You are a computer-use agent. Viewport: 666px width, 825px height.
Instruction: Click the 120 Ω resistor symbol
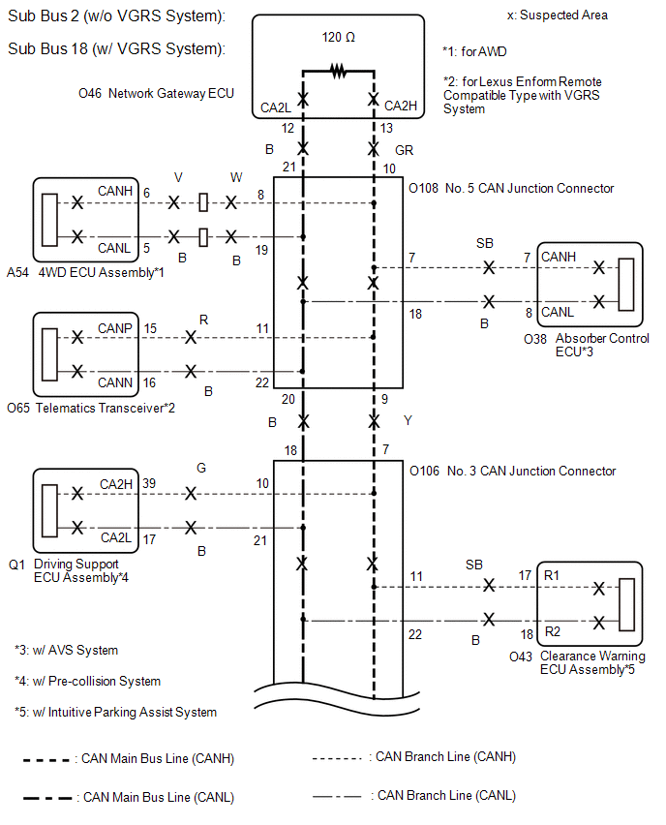pyautogui.click(x=338, y=71)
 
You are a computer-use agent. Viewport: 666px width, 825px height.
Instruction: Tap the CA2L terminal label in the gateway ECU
pyautogui.click(x=276, y=107)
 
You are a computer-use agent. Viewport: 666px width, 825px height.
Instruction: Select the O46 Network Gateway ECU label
pyautogui.click(x=156, y=93)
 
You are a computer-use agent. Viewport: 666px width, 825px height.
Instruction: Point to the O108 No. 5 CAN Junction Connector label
pyautogui.click(x=511, y=189)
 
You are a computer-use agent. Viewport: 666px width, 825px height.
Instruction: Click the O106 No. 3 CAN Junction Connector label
pyautogui.click(x=512, y=471)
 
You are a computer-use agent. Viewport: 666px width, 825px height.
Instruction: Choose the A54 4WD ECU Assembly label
pyautogui.click(x=85, y=272)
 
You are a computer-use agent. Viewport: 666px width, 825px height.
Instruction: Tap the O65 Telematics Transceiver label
pyautogui.click(x=91, y=408)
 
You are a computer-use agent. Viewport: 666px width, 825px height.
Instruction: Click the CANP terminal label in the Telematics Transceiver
pyautogui.click(x=114, y=328)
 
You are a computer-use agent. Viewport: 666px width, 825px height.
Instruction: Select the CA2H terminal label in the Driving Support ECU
pyautogui.click(x=116, y=484)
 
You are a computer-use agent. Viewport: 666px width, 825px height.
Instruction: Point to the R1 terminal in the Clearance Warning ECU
pyautogui.click(x=552, y=575)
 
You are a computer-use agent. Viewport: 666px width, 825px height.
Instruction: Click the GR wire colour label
pyautogui.click(x=404, y=150)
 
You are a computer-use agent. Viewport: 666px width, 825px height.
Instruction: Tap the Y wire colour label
pyautogui.click(x=408, y=420)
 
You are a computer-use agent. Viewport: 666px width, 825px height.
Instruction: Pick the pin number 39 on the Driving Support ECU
pyautogui.click(x=149, y=483)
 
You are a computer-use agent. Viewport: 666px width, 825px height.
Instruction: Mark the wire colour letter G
pyautogui.click(x=201, y=468)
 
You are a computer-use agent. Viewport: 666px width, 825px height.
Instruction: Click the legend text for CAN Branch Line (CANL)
pyautogui.click(x=446, y=796)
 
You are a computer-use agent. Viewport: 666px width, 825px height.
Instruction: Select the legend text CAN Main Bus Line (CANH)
pyautogui.click(x=158, y=759)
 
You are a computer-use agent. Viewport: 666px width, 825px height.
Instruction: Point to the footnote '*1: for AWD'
pyautogui.click(x=474, y=51)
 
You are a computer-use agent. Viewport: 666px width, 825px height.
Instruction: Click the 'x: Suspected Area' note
pyautogui.click(x=558, y=15)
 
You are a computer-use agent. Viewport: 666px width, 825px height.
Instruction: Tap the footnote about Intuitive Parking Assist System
pyautogui.click(x=116, y=712)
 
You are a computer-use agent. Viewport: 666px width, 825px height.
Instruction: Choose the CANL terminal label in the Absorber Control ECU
pyautogui.click(x=558, y=312)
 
